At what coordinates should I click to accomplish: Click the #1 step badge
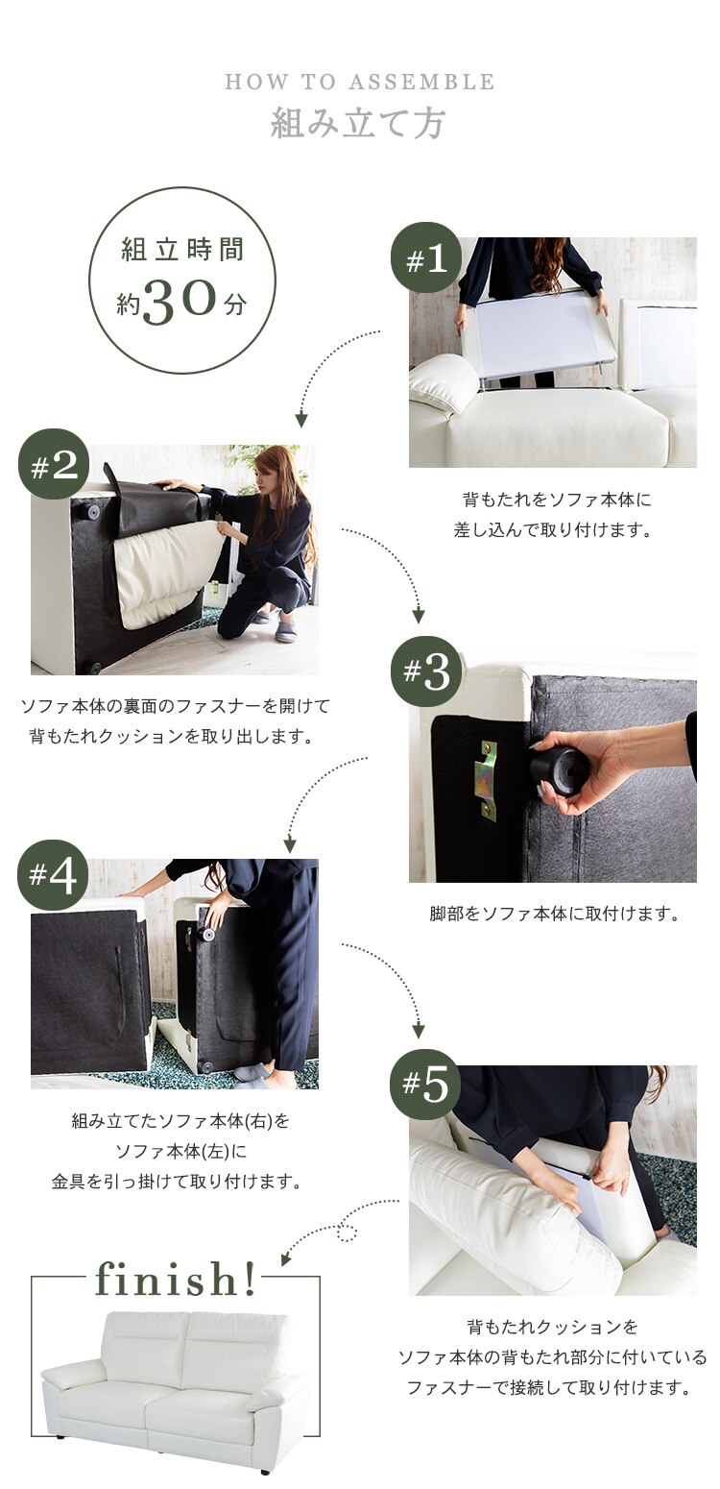click(x=426, y=258)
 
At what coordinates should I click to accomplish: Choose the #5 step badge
click(x=425, y=1085)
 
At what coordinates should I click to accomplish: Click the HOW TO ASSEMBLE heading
click(x=360, y=83)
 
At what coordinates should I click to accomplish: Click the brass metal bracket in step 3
click(x=489, y=780)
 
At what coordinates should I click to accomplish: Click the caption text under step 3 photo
click(x=554, y=914)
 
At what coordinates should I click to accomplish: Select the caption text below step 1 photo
click(x=552, y=515)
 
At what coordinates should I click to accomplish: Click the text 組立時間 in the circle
click(x=182, y=250)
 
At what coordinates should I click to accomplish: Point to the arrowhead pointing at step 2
click(x=301, y=420)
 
